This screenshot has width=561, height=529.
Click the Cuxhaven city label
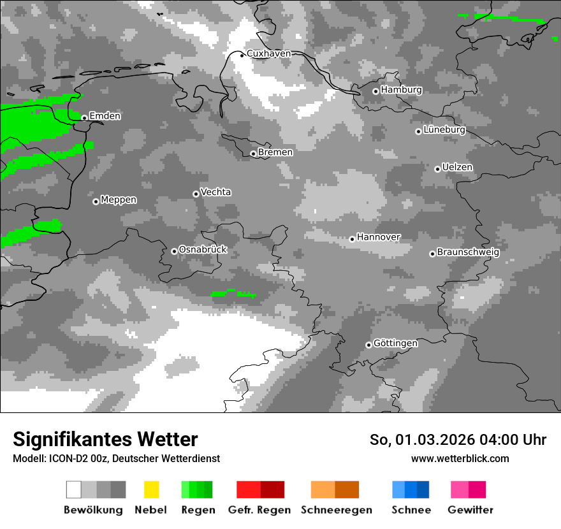[268, 54]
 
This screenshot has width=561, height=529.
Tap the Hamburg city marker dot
[376, 91]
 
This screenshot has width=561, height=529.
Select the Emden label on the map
[105, 116]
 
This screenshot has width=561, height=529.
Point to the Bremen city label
[275, 152]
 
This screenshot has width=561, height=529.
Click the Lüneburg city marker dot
[419, 131]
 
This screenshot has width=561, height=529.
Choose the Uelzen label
[457, 167]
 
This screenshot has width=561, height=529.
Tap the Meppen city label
[119, 200]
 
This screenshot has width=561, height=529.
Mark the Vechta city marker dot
[196, 194]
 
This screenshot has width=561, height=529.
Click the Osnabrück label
[203, 250]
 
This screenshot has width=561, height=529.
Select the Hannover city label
[379, 237]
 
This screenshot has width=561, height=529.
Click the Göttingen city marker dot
[368, 345]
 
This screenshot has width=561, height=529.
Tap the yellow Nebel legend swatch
[152, 489]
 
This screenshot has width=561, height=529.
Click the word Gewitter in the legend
[470, 510]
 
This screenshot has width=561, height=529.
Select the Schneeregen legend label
[337, 510]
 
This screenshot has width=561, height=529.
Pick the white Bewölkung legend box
[74, 489]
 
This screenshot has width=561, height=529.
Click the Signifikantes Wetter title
[105, 440]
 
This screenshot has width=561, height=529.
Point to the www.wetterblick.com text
[460, 459]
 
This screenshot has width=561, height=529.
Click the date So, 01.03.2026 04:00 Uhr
[458, 440]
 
